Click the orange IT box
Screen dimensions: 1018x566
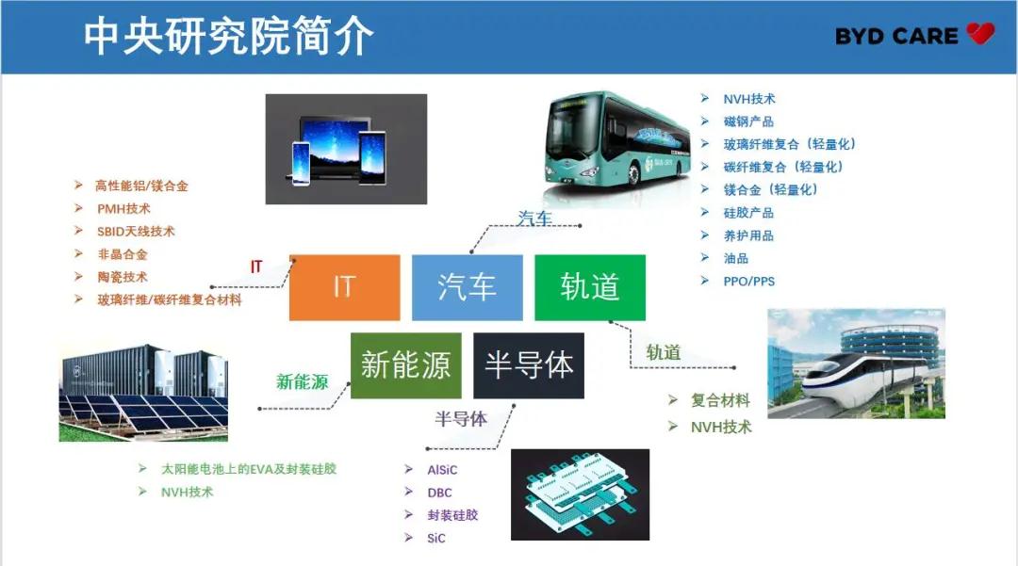click(344, 287)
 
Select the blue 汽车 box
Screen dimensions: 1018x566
click(467, 287)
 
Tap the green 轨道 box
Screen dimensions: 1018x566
click(589, 287)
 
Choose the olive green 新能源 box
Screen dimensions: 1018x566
click(405, 365)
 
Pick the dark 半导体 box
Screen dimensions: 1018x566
click(529, 365)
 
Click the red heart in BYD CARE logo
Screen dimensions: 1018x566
click(980, 33)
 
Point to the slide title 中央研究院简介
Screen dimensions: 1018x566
click(228, 37)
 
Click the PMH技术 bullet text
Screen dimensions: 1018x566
click(123, 209)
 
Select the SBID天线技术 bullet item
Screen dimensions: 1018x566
click(136, 232)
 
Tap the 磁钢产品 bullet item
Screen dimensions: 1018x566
click(747, 121)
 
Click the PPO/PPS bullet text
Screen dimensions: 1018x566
click(748, 282)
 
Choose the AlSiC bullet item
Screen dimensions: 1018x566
click(442, 470)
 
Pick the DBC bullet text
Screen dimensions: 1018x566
click(439, 493)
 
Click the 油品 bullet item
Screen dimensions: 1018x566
click(735, 258)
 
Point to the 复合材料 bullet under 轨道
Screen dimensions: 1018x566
click(720, 400)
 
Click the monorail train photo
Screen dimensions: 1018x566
click(856, 364)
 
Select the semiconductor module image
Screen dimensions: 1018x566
click(580, 494)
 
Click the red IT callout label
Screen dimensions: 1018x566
click(256, 267)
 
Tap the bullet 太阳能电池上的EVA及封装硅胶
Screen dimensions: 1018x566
click(249, 469)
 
